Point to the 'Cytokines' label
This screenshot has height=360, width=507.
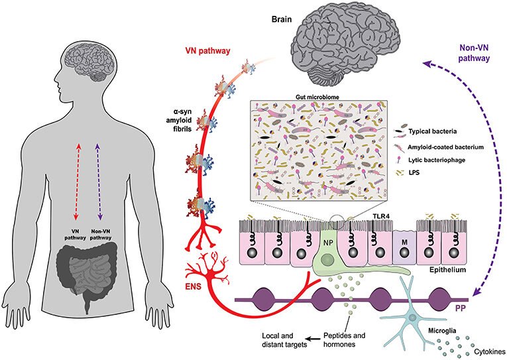point(484,349)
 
